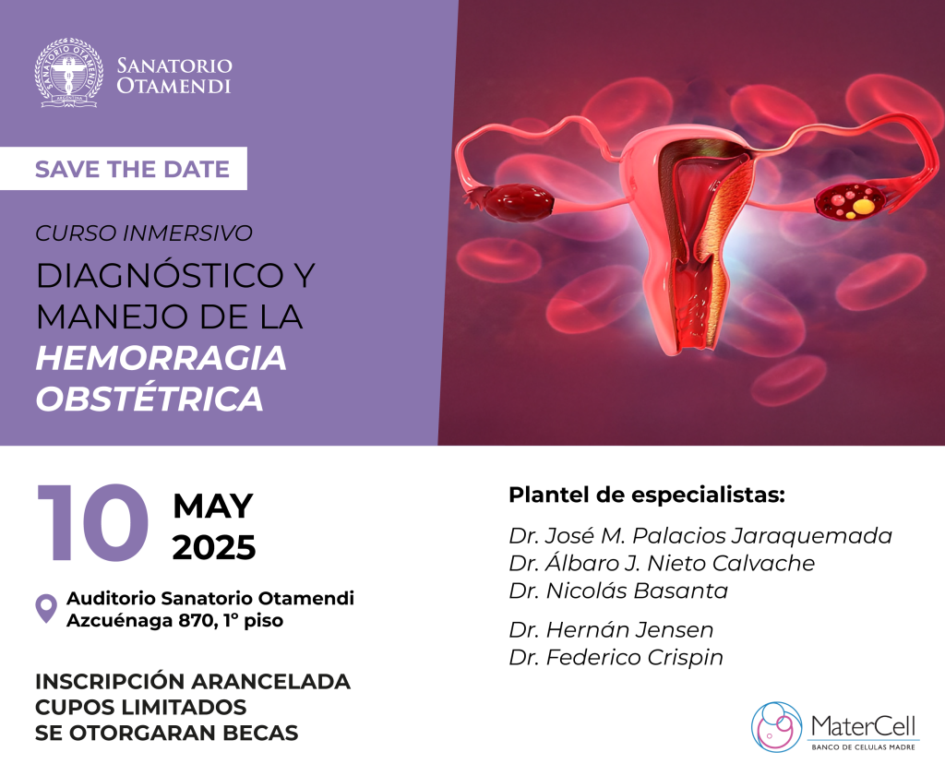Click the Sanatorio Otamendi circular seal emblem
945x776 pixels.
coord(68,73)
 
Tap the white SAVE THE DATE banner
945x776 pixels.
coord(124,169)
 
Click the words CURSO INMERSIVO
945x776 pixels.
coord(143,233)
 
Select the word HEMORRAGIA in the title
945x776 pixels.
coord(161,358)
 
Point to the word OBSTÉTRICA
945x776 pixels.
coord(150,399)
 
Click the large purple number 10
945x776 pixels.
coord(93,522)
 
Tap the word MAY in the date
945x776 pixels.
coord(213,506)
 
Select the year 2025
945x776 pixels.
coord(214,548)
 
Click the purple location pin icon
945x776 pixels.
coord(46,608)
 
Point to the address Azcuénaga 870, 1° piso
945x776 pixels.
coord(174,621)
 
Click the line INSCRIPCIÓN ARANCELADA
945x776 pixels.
coord(193,681)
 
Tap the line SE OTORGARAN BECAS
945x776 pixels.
coord(167,733)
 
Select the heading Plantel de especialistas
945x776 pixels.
coord(647,495)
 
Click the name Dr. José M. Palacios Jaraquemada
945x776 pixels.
coord(700,535)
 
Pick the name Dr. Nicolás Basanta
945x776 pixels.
coord(618,591)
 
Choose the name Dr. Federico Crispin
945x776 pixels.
coord(616,657)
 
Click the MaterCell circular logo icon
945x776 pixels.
coord(777,726)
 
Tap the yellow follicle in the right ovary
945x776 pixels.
coord(864,207)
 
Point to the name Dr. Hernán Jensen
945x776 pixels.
coord(611,630)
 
